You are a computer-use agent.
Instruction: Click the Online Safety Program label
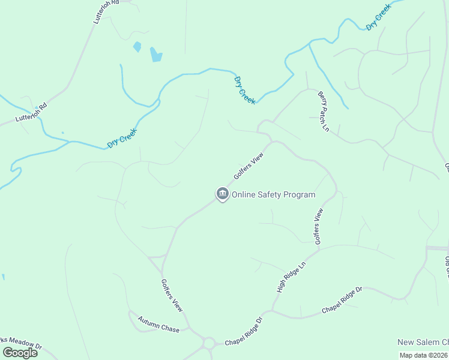point(273,194)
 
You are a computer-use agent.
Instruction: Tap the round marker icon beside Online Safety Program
point(223,194)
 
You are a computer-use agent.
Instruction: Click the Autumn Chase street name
point(158,325)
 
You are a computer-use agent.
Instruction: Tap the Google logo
point(20,353)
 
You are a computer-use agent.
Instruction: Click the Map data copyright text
point(424,355)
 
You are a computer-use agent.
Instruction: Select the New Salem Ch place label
point(423,342)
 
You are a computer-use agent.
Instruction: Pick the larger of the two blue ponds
point(156,55)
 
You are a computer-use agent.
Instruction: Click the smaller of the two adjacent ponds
point(137,46)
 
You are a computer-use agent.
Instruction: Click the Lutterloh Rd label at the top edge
point(107,11)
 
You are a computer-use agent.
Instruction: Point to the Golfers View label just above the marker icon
point(249,166)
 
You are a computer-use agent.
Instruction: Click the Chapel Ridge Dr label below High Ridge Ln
point(342,300)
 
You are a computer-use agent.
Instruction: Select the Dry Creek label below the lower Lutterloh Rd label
point(122,138)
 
